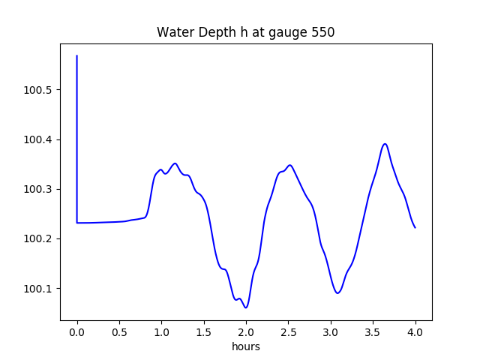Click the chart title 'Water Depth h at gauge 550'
click(245, 33)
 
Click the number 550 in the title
click(323, 33)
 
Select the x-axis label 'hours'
click(246, 347)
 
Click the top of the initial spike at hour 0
click(77, 55)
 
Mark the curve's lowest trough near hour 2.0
click(245, 307)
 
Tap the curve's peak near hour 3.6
click(385, 144)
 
